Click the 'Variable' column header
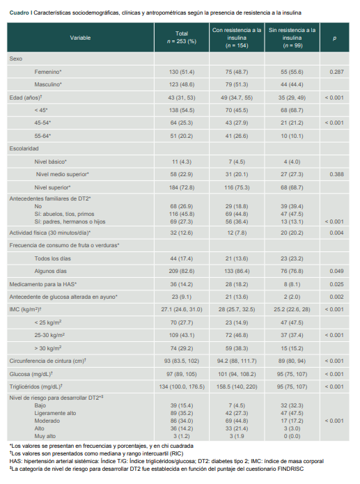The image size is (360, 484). pos(80,38)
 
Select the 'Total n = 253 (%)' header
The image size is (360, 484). pos(186,38)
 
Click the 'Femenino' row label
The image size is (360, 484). pos(47,72)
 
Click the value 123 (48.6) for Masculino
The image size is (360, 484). pos(186,84)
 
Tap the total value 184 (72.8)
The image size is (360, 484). pos(186,187)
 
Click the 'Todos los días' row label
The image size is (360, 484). pos(53,258)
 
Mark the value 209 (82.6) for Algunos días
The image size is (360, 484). pos(186,271)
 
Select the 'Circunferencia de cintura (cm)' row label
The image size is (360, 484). pos(47,361)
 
